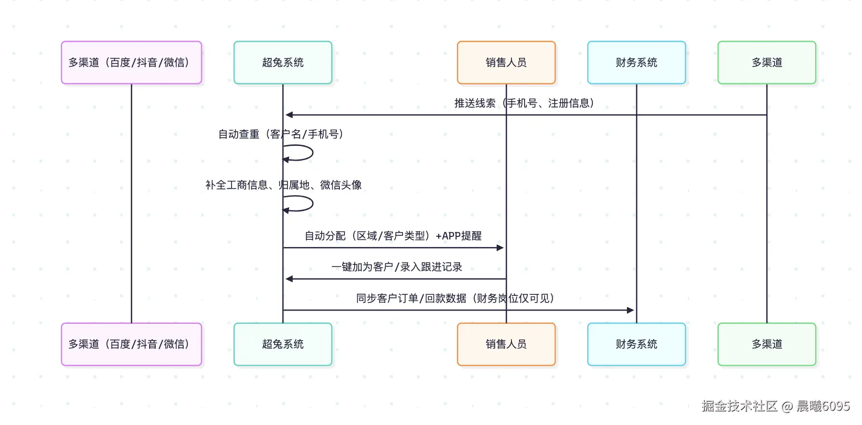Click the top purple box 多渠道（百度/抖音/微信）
point(131,63)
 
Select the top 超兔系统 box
point(283,63)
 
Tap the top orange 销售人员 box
point(506,63)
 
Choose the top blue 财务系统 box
point(636,63)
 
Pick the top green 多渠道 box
point(766,63)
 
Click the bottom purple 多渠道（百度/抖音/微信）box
point(131,344)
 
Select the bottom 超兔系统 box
point(283,344)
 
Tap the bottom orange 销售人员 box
point(506,344)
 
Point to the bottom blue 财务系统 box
point(636,344)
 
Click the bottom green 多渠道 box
point(766,344)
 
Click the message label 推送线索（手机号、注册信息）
point(524,103)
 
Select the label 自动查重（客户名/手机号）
point(281,134)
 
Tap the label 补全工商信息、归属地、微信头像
point(283,185)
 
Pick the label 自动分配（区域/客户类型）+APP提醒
point(393,236)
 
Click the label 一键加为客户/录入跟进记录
point(396,267)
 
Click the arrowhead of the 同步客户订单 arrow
point(631,310)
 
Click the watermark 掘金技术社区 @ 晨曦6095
point(775,406)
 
